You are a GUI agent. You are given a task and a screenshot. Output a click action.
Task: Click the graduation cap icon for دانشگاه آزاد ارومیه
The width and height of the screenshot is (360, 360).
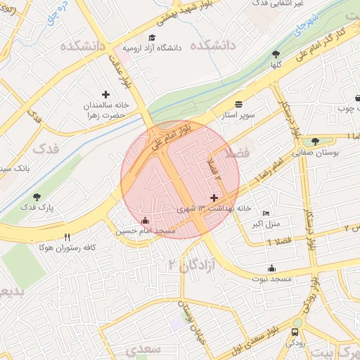click(151, 37)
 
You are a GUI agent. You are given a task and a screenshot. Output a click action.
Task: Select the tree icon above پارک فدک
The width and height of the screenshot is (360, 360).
click(37, 197)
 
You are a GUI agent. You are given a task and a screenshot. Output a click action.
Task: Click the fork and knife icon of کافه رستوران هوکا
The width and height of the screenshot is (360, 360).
click(67, 237)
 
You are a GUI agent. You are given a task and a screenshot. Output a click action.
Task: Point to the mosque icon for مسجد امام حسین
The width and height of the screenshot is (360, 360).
click(146, 221)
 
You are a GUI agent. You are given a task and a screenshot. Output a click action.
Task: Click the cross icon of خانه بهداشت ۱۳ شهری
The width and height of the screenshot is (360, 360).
click(214, 198)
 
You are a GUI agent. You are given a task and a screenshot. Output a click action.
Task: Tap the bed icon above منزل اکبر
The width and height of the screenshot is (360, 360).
click(266, 214)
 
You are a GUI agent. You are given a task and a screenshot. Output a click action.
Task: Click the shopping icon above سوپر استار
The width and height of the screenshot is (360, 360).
click(238, 103)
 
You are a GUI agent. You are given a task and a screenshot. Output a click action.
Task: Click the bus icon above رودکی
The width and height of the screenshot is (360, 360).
click(295, 333)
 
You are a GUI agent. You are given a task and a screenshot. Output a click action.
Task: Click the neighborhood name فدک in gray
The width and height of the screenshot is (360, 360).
click(46, 148)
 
